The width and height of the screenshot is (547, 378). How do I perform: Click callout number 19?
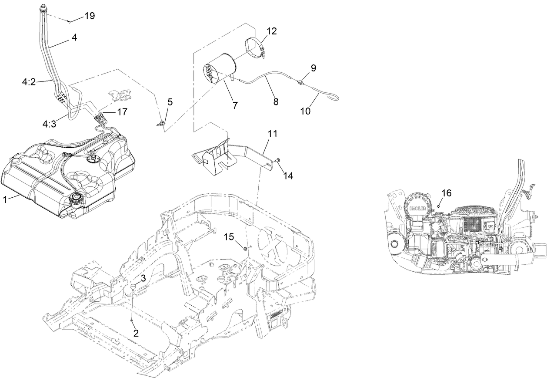point(90,16)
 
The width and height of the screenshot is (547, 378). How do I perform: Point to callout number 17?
point(122,112)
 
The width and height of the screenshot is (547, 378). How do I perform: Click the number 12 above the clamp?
point(272,31)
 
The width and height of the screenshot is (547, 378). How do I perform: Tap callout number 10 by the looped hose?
point(306,111)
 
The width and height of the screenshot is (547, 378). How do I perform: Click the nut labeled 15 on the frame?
point(246,248)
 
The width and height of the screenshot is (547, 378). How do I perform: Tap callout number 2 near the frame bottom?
point(136,333)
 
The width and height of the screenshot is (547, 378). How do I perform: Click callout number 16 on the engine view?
point(447,192)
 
